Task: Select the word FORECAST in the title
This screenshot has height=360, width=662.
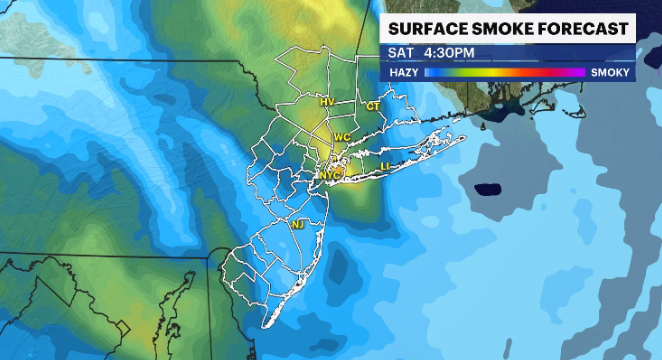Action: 583,27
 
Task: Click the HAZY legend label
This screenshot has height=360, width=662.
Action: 403,73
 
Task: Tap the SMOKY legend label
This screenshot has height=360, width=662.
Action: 610,73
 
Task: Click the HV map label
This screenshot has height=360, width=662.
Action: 327,103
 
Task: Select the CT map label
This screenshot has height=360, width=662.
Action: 373,106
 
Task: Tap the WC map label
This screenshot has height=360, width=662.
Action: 342,136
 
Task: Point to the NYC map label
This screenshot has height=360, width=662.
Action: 330,175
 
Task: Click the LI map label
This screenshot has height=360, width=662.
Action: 386,165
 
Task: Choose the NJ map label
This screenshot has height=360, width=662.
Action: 297,225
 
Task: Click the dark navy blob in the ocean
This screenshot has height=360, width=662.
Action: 487,188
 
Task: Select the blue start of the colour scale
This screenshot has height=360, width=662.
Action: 430,73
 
